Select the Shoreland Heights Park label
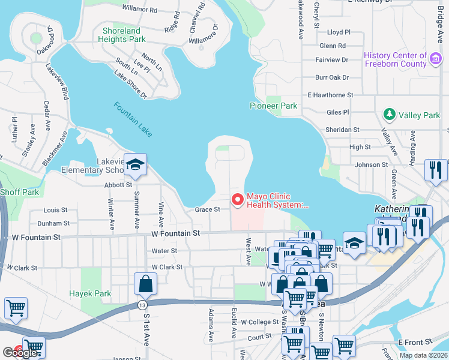tap(121, 35)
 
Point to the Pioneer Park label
tap(273, 106)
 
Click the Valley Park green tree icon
tap(389, 115)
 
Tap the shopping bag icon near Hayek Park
tap(146, 284)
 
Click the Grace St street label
tap(208, 209)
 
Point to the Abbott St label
tap(117, 185)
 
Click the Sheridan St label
tap(342, 129)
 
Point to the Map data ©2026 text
tap(423, 355)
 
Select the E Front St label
tap(415, 341)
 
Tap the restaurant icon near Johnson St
tap(435, 170)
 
